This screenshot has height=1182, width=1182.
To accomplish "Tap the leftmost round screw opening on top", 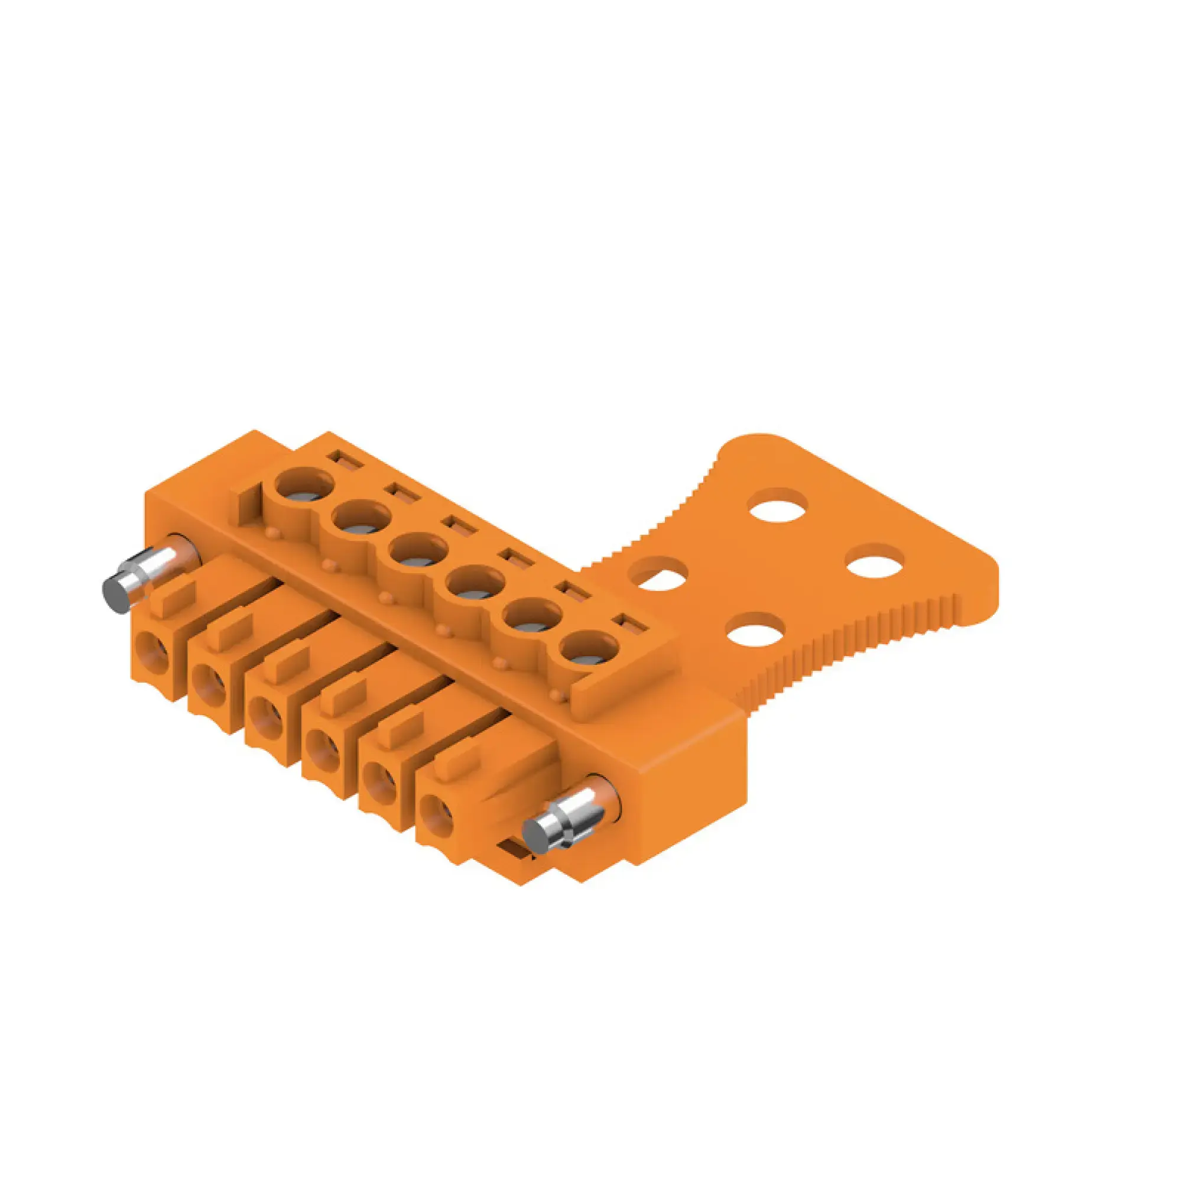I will point(304,487).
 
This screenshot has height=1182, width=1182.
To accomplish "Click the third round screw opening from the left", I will point(419,553).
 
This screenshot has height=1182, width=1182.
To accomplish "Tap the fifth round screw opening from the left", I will point(531,619).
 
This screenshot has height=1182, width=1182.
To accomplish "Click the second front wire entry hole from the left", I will point(209,681).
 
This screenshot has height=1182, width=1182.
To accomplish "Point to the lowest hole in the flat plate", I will point(757,630).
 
